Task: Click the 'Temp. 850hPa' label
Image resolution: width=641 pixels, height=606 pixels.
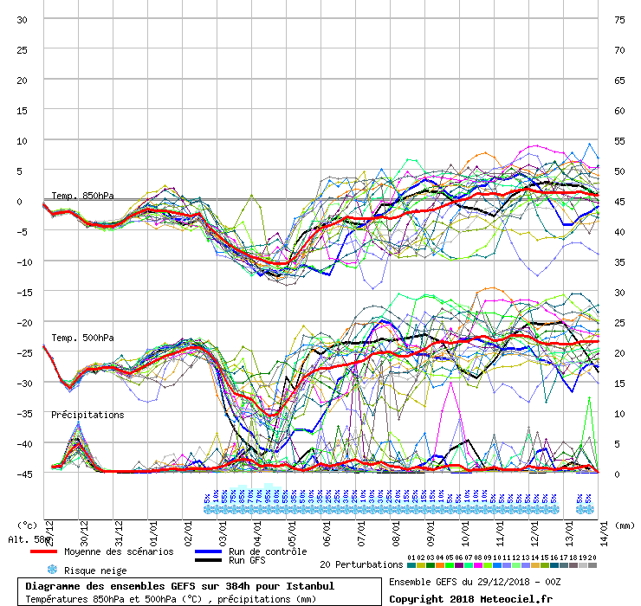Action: coord(82,196)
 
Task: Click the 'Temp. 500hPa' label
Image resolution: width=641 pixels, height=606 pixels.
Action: coord(82,338)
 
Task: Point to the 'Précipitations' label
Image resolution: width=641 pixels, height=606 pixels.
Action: coord(87,415)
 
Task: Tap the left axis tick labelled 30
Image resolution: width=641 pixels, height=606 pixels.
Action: coord(23,20)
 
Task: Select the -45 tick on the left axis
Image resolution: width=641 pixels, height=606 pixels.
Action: coord(23,474)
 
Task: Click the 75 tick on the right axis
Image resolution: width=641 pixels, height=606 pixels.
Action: coord(618,20)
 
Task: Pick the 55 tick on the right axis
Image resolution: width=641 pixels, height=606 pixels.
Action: coord(618,140)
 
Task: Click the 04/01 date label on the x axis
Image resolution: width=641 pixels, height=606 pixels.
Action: coord(258,527)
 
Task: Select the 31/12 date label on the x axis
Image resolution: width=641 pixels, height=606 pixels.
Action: coord(119,527)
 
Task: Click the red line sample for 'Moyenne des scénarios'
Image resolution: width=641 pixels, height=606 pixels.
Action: coord(55,551)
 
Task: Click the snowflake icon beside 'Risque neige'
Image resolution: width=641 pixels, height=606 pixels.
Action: coord(51,571)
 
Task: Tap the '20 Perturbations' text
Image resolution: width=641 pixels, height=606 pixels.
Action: coord(361,564)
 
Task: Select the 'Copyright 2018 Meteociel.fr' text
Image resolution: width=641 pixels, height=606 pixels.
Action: coord(470,598)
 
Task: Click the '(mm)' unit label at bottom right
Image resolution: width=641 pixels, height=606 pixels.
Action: coord(626,525)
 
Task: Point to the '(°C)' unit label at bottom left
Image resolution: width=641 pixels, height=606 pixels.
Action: coord(28,525)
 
